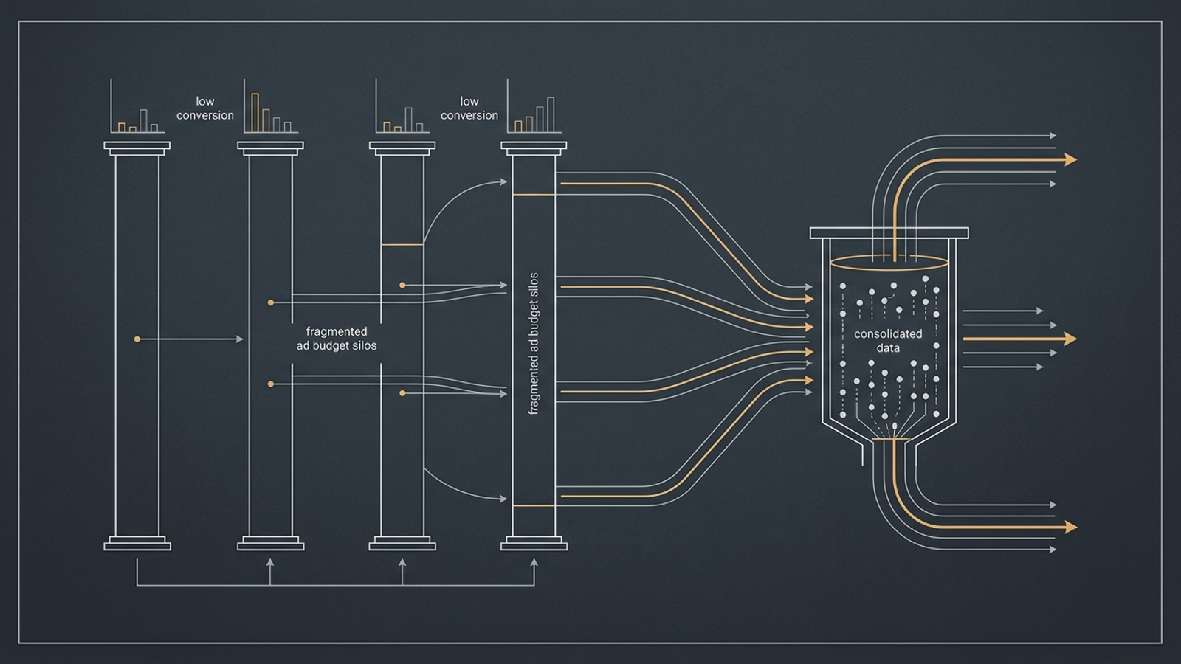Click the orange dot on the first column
click(137, 339)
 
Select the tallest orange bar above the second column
click(255, 113)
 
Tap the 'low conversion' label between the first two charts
click(205, 108)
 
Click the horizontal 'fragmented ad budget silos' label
click(337, 339)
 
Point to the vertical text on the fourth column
click(534, 344)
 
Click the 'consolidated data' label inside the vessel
click(889, 340)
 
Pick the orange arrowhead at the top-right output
click(1070, 159)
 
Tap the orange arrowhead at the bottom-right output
click(1070, 527)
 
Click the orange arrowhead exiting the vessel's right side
click(1070, 339)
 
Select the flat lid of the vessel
click(889, 233)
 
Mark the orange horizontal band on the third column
click(402, 244)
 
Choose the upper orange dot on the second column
click(270, 302)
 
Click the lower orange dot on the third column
click(402, 393)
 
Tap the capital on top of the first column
click(137, 148)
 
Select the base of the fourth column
click(534, 543)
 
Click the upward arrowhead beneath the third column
click(402, 563)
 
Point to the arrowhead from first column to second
click(240, 339)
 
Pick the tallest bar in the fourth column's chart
click(551, 114)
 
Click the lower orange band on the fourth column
click(534, 505)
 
